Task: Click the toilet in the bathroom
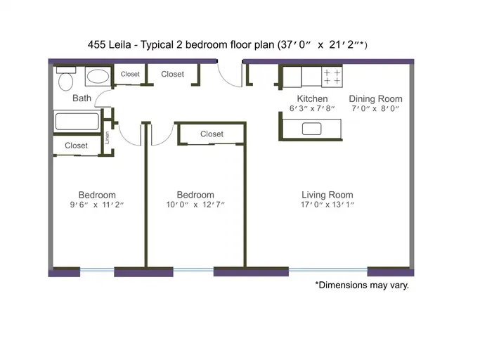pyautogui.click(x=66, y=79)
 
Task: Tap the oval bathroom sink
pyautogui.click(x=98, y=77)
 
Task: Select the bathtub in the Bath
pyautogui.click(x=77, y=122)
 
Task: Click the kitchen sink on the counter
pyautogui.click(x=311, y=129)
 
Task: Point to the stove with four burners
pyautogui.click(x=332, y=77)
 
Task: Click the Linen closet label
pyautogui.click(x=107, y=138)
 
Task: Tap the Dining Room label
pyautogui.click(x=375, y=98)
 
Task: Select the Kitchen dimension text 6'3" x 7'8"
pyautogui.click(x=312, y=108)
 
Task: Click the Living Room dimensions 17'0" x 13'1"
pyautogui.click(x=327, y=205)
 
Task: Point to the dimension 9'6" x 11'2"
pyautogui.click(x=97, y=205)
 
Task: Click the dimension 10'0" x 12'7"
pyautogui.click(x=195, y=205)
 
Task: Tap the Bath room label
pyautogui.click(x=82, y=98)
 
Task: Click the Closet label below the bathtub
pyautogui.click(x=76, y=146)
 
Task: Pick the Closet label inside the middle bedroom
pyautogui.click(x=212, y=134)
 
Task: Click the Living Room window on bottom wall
pyautogui.click(x=328, y=270)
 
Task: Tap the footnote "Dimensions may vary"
pyautogui.click(x=362, y=285)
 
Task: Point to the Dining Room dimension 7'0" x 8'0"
pyautogui.click(x=375, y=108)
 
